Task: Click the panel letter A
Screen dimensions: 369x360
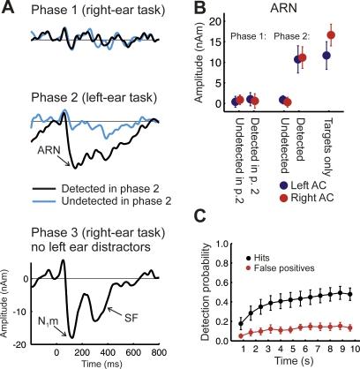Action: tap(7, 7)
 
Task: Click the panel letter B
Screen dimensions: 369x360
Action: tap(188, 7)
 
